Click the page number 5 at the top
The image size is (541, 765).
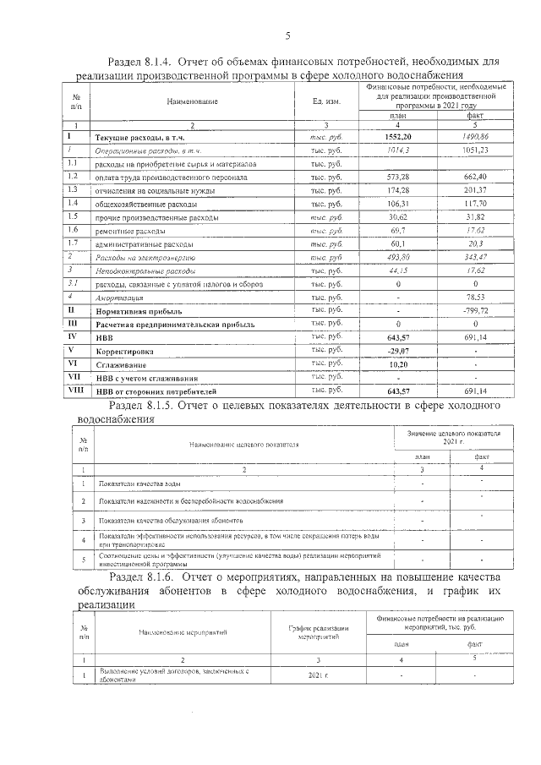coord(287,36)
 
